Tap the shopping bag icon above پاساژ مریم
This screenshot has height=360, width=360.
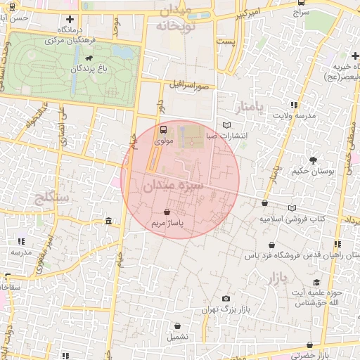point(167,212)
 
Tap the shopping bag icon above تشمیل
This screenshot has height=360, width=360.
point(177,326)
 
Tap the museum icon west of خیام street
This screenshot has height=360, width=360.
point(108,222)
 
